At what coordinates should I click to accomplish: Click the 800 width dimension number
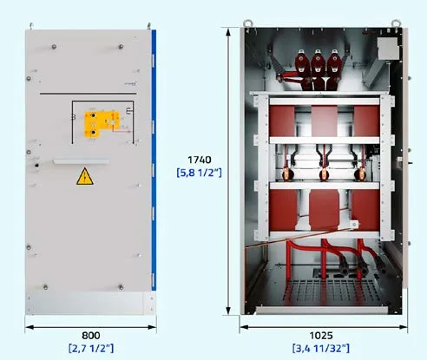pos(91,336)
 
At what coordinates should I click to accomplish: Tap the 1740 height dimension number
pos(200,160)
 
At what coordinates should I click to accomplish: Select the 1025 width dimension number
pos(321,336)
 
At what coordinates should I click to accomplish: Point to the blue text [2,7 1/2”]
pos(91,348)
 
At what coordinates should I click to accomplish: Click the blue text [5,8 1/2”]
pos(199,173)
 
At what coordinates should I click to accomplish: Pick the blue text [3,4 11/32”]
pos(321,348)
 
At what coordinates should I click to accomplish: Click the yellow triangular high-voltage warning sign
pos(85,176)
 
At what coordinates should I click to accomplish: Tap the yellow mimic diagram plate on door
pos(102,124)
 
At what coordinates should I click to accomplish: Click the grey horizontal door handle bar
pos(82,161)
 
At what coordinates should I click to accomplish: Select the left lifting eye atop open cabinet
pos(247,23)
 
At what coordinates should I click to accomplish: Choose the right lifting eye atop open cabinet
pos(396,23)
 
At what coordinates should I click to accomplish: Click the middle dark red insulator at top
pos(318,69)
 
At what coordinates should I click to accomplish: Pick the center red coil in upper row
pos(324,121)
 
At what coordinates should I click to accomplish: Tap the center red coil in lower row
pos(324,209)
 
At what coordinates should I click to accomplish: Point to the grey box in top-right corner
pos(388,49)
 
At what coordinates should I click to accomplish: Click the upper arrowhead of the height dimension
pos(228,31)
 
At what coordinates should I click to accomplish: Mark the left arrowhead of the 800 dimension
pos(30,327)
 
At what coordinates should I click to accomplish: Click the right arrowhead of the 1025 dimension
pos(404,327)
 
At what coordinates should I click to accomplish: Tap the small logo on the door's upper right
pos(131,84)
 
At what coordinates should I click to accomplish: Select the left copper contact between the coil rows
pos(287,174)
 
